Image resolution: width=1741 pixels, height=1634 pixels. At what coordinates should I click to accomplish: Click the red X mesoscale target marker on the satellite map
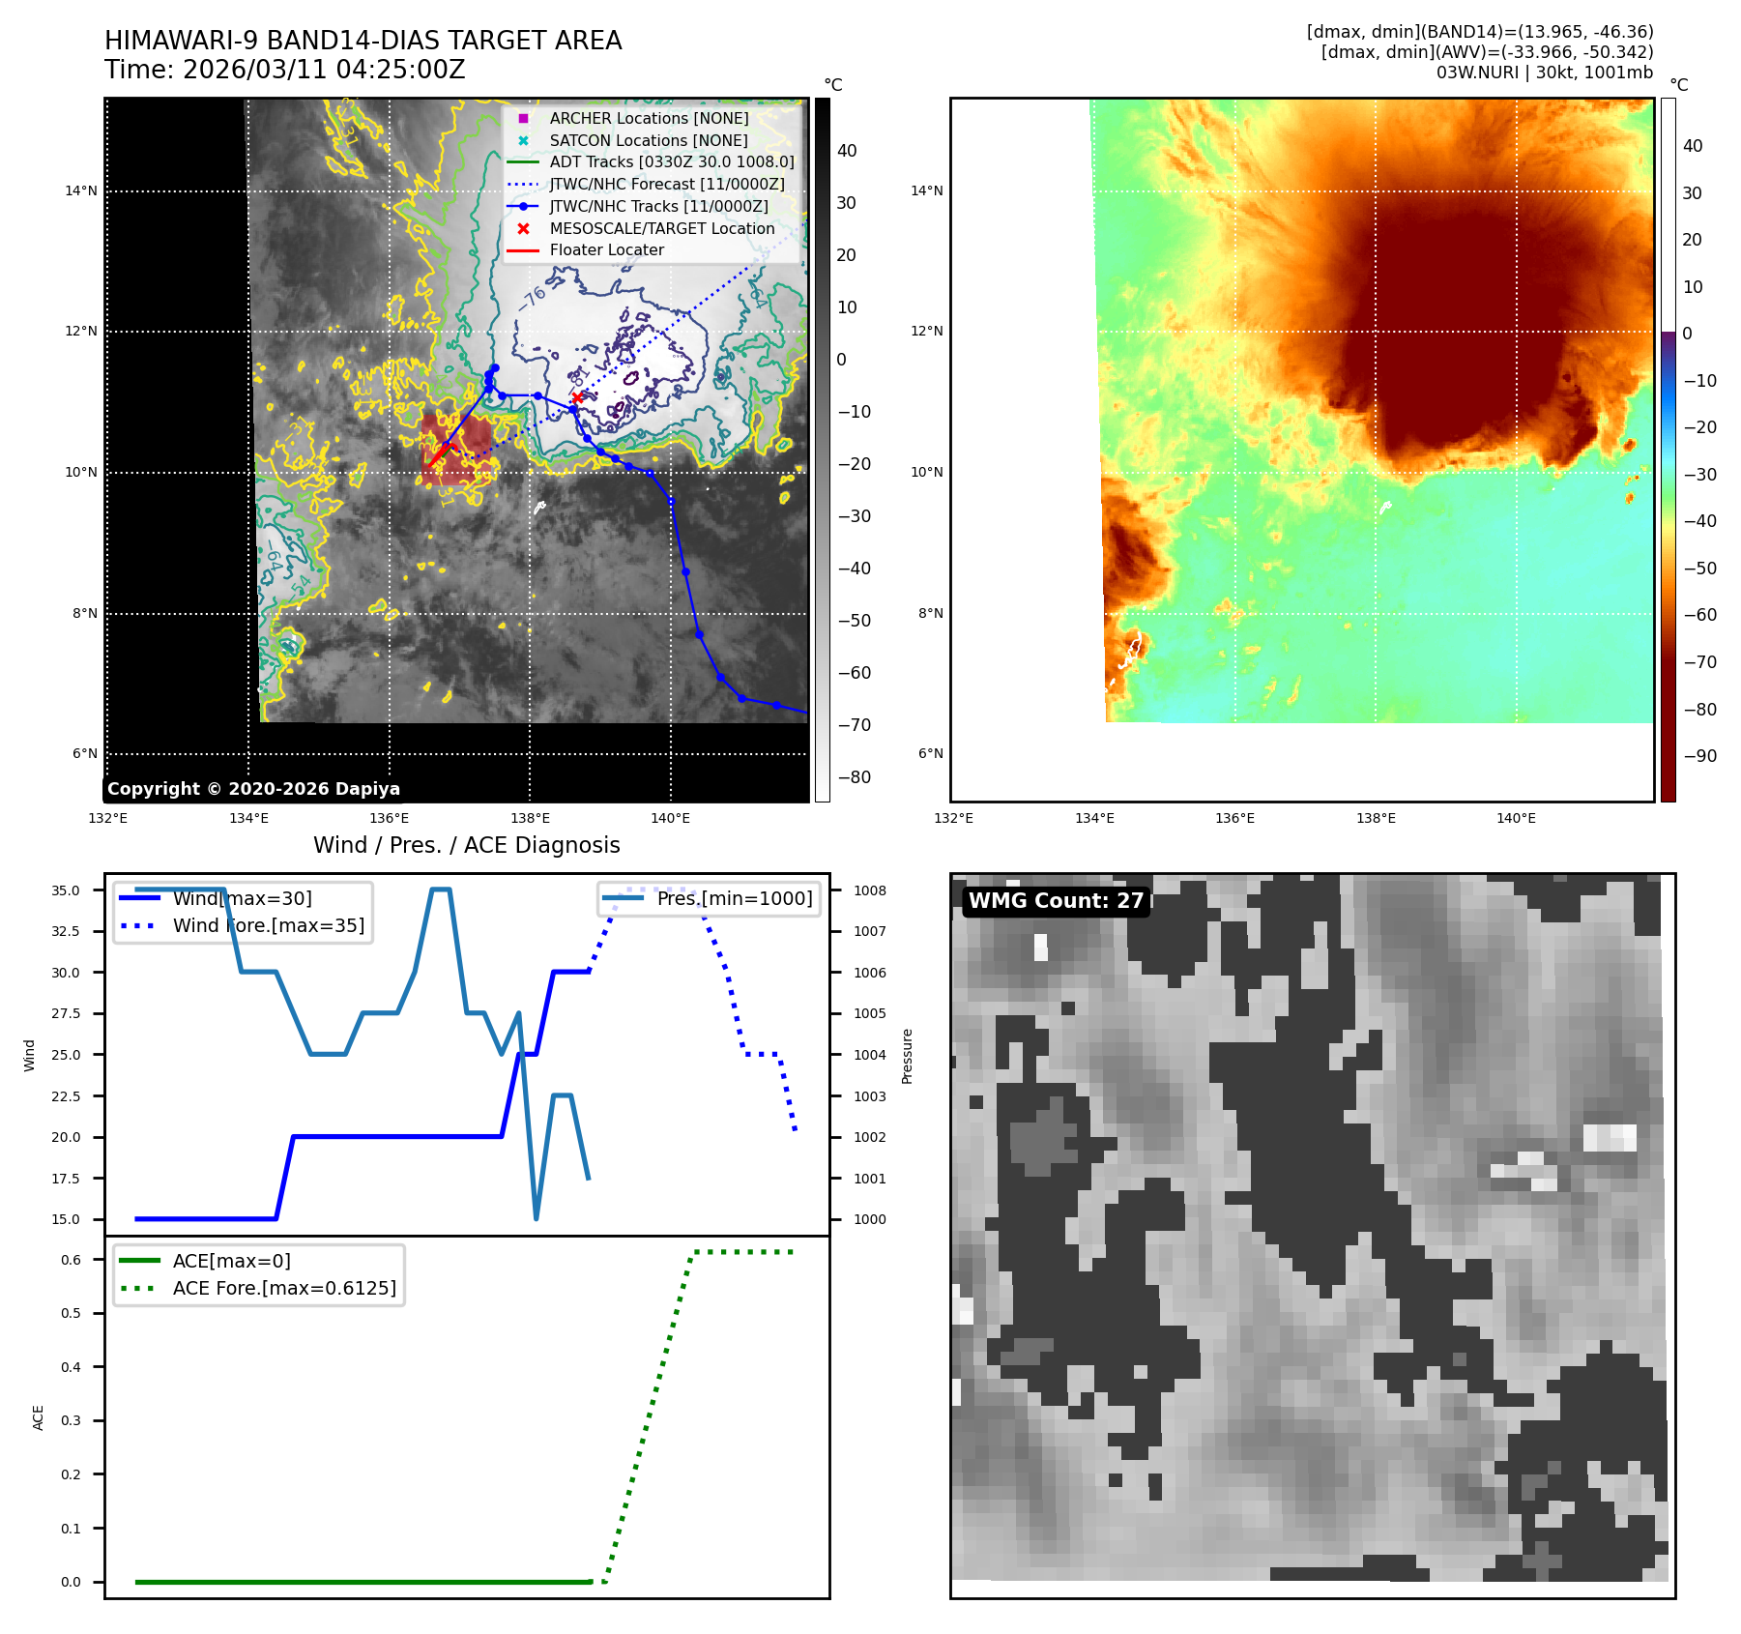(x=577, y=397)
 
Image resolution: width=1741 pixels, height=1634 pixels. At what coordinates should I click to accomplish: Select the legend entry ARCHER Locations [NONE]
(x=649, y=118)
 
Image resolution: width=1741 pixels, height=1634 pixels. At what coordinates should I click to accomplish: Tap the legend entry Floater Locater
(x=606, y=249)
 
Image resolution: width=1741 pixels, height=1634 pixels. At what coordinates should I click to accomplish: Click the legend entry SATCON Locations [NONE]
(x=648, y=140)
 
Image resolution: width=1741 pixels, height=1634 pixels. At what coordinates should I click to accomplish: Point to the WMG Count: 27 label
(x=1056, y=901)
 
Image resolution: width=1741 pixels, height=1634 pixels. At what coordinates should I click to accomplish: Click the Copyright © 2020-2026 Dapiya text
(x=253, y=789)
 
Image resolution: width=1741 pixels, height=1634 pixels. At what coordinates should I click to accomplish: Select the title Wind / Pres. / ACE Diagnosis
(x=466, y=845)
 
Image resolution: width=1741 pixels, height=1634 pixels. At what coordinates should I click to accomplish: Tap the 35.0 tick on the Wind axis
(x=66, y=890)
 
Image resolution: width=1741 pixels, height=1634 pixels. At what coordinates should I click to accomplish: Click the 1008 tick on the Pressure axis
(x=869, y=890)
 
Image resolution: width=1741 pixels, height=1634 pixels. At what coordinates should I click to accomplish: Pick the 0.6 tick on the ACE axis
(x=72, y=1260)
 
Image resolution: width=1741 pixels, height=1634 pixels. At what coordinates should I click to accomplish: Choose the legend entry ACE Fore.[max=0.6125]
(x=284, y=1288)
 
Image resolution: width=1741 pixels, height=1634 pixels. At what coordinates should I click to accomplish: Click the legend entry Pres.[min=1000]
(x=735, y=898)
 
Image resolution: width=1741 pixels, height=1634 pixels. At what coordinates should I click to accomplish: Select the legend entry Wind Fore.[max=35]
(x=269, y=925)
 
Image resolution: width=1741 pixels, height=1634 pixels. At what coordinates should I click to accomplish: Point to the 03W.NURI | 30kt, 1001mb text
(x=1544, y=73)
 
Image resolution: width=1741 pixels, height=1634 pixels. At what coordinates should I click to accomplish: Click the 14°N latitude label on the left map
(x=81, y=190)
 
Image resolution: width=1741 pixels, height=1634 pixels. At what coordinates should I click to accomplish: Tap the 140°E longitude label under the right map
(x=1516, y=818)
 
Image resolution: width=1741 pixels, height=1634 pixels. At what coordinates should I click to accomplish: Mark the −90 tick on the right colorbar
(x=1699, y=756)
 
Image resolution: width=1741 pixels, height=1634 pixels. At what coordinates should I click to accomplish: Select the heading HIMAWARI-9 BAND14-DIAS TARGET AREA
(x=363, y=41)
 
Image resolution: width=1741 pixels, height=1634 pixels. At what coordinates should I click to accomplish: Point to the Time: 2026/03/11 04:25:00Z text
(x=285, y=70)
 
